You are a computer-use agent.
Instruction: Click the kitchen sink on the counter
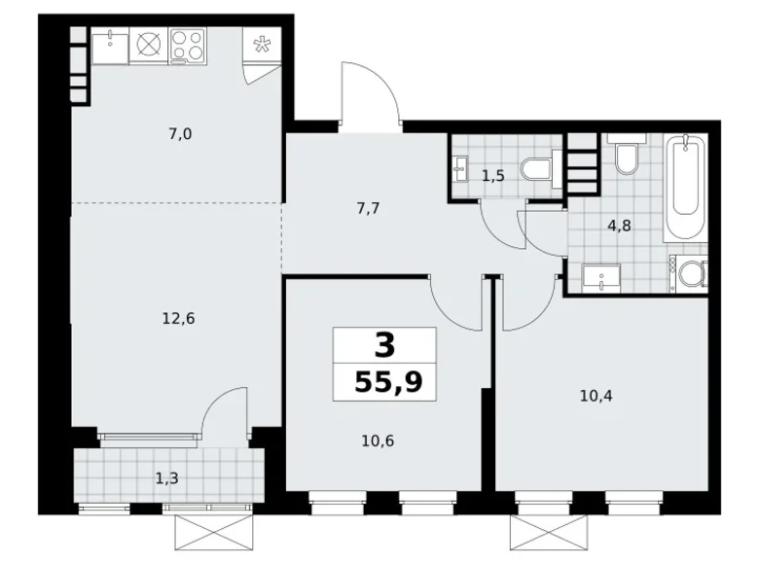(112, 44)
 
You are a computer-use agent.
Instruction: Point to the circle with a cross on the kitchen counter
(148, 44)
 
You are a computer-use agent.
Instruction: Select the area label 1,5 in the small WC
(492, 175)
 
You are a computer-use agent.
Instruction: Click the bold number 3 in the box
(384, 345)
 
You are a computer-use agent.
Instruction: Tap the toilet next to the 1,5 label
(537, 169)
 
